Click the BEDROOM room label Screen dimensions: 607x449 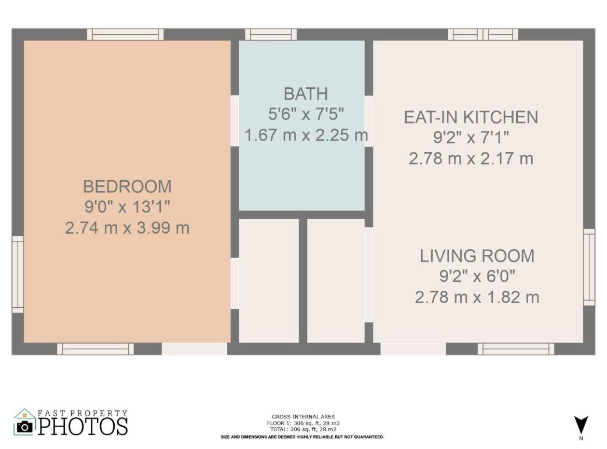127,186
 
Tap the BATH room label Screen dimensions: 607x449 306,94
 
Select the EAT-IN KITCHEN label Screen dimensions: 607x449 471,117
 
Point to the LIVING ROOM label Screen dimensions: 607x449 477,256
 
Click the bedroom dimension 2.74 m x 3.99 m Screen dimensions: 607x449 127,228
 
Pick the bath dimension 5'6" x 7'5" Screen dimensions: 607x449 306,114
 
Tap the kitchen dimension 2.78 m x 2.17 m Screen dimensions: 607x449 471,158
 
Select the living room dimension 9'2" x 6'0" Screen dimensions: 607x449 477,276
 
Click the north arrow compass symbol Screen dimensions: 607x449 581,425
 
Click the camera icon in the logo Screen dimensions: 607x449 25,427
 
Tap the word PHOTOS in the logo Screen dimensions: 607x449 83,427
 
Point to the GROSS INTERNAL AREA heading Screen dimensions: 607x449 303,417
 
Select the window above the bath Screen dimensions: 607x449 271,34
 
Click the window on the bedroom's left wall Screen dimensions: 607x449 18,274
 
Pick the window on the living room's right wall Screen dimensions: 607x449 589,267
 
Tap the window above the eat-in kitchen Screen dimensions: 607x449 482,34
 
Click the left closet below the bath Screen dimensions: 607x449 269,281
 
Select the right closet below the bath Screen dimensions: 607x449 336,281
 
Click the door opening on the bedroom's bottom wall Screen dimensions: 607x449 195,349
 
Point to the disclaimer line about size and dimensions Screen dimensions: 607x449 302,437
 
